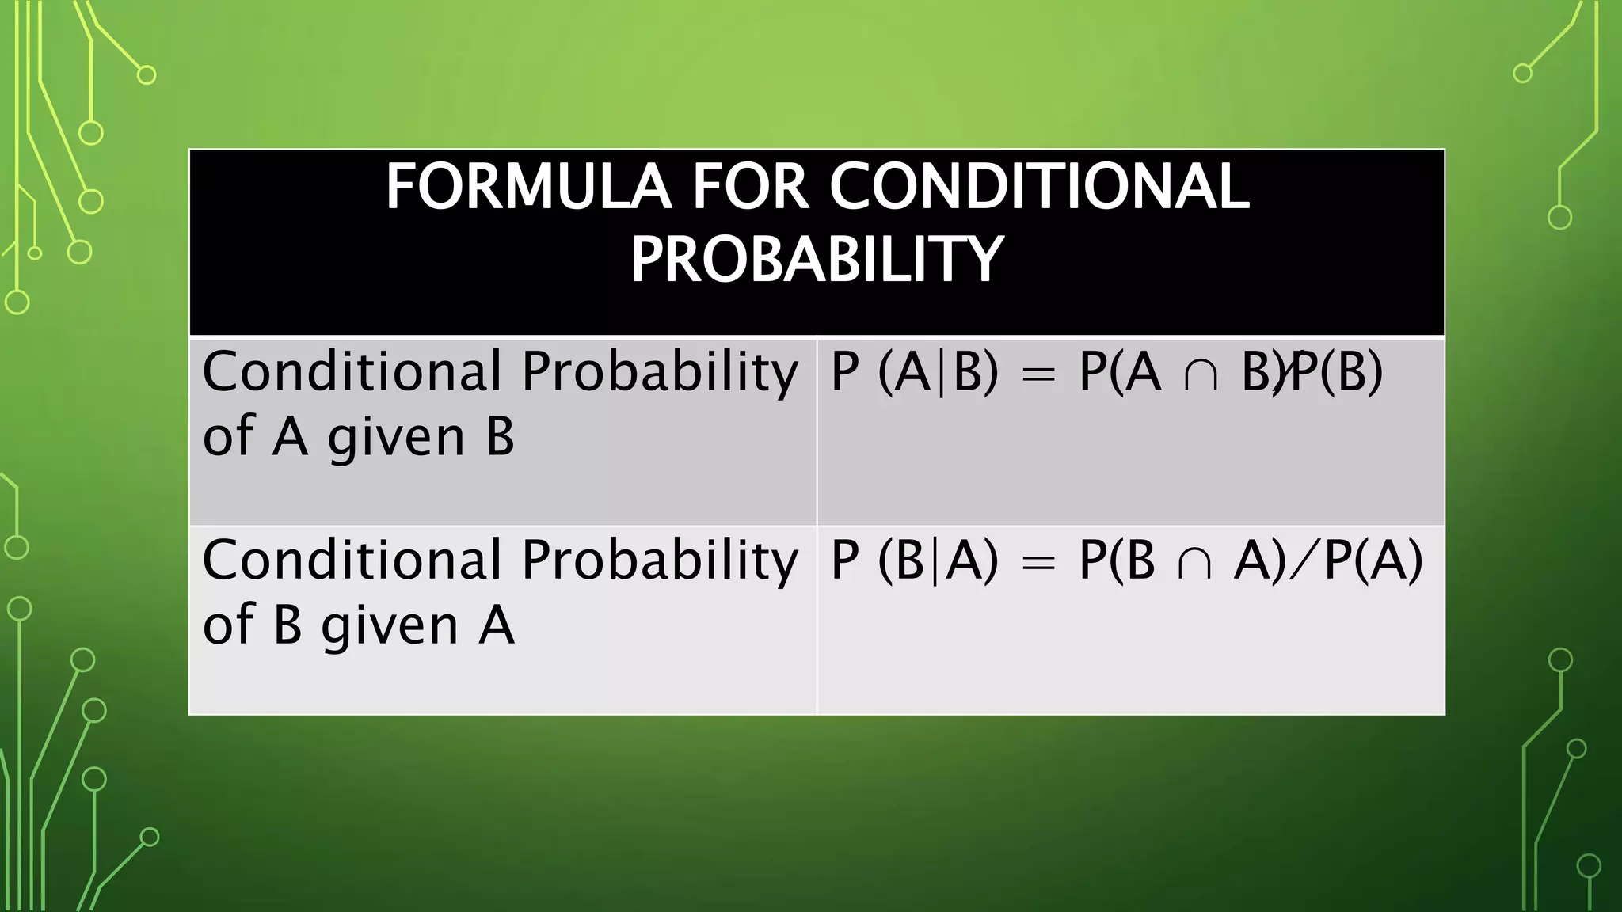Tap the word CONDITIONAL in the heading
(1039, 187)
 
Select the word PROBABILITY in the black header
(817, 260)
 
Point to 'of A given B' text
(358, 436)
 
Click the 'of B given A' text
(358, 625)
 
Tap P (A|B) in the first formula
(915, 372)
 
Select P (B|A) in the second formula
(915, 560)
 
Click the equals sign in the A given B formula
(1038, 374)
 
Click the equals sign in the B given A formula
(1038, 562)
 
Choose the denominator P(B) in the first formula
(1339, 372)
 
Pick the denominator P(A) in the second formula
(1374, 560)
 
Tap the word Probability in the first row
(660, 372)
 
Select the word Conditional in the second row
(352, 560)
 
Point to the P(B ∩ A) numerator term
(1183, 560)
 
